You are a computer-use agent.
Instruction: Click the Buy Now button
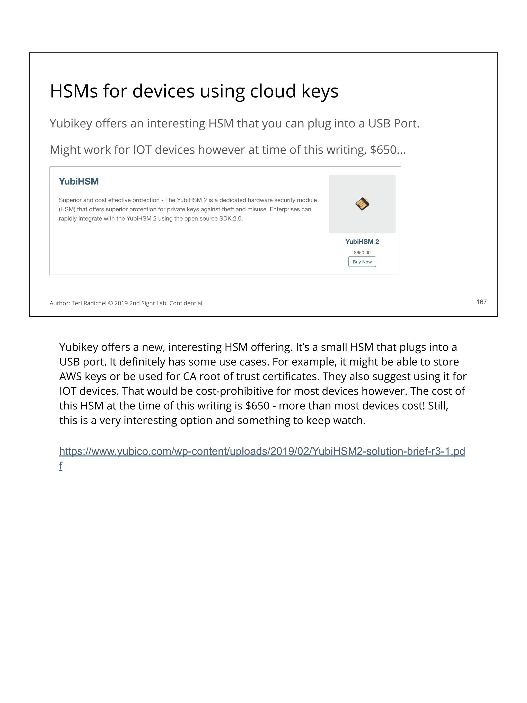pos(362,262)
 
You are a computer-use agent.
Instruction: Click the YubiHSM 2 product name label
pos(362,241)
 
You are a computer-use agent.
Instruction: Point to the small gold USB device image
pos(362,204)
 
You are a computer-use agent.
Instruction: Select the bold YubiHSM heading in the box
pos(78,181)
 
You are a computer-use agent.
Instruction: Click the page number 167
pos(481,302)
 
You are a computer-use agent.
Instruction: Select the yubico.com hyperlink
pos(262,451)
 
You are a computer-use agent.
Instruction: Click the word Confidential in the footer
pos(186,303)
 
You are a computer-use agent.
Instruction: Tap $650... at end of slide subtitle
pos(387,150)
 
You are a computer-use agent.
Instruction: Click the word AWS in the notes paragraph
pos(71,376)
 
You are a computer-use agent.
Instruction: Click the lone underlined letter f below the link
pos(61,466)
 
